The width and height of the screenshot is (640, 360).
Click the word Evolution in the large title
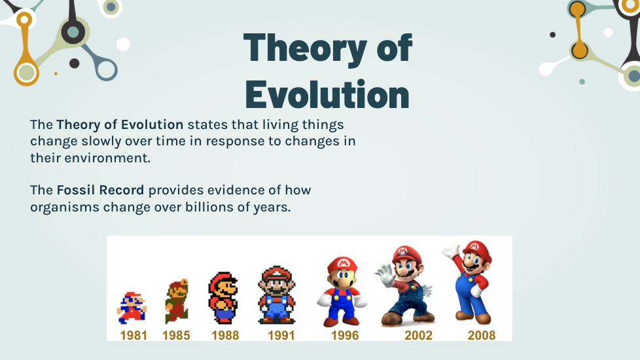[x=327, y=94]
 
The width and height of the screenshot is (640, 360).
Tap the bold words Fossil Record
[x=100, y=190]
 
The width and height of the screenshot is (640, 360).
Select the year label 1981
[x=133, y=335]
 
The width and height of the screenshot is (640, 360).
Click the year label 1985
[x=176, y=335]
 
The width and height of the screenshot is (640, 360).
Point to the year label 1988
[x=225, y=335]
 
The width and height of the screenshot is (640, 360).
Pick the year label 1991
[x=281, y=335]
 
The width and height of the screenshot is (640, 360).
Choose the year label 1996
[x=345, y=335]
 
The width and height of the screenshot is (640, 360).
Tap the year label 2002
[x=418, y=335]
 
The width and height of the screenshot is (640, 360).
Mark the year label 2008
[x=482, y=335]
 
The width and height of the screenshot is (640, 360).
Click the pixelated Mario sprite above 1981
[x=132, y=308]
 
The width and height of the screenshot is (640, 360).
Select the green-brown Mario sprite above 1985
[x=177, y=302]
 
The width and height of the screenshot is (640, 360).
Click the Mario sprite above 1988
[x=223, y=298]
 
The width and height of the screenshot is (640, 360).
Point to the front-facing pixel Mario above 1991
[x=277, y=295]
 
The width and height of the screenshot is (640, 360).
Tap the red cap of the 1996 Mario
[x=342, y=264]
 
